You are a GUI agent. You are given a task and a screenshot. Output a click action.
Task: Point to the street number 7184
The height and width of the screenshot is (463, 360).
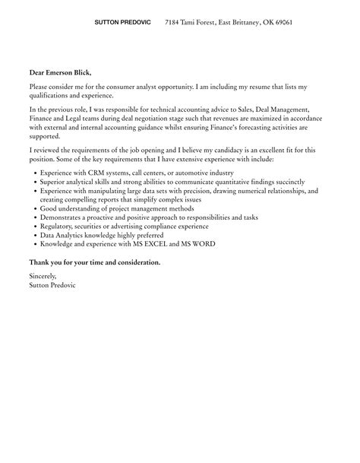tap(174, 24)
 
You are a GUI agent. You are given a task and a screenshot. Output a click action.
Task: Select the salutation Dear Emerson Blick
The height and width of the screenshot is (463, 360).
tap(60, 72)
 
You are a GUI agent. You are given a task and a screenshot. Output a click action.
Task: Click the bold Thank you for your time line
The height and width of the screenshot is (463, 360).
tap(94, 262)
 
